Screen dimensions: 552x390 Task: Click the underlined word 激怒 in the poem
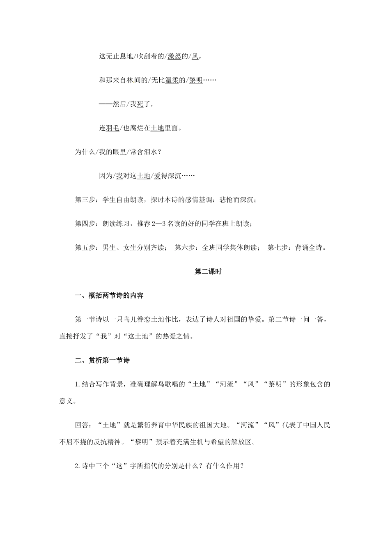coord(174,57)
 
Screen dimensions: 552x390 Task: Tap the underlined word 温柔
coord(172,80)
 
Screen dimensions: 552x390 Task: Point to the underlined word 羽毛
coord(112,128)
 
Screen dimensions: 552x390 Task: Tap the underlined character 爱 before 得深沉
coord(157,176)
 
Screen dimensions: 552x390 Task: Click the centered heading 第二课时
coord(208,271)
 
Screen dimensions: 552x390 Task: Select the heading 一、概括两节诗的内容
coord(109,295)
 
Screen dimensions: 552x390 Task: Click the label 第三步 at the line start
coord(85,200)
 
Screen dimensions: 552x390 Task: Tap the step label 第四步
coord(85,223)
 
